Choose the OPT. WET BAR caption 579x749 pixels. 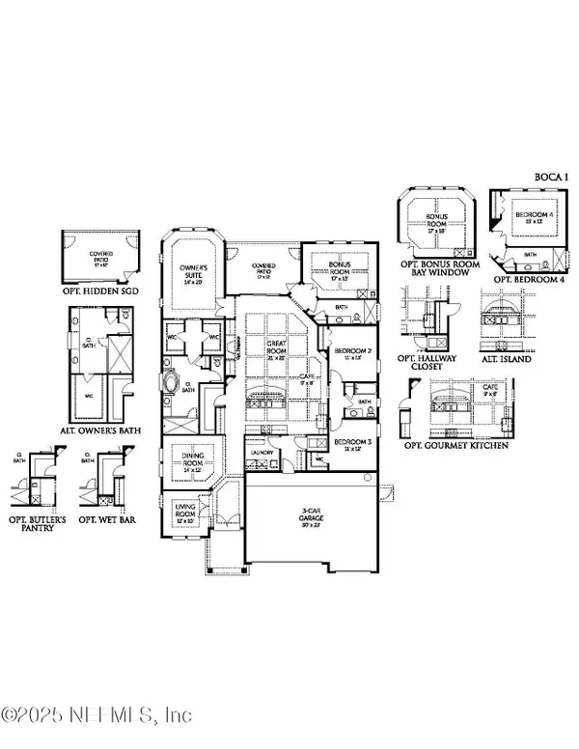tap(106, 502)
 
